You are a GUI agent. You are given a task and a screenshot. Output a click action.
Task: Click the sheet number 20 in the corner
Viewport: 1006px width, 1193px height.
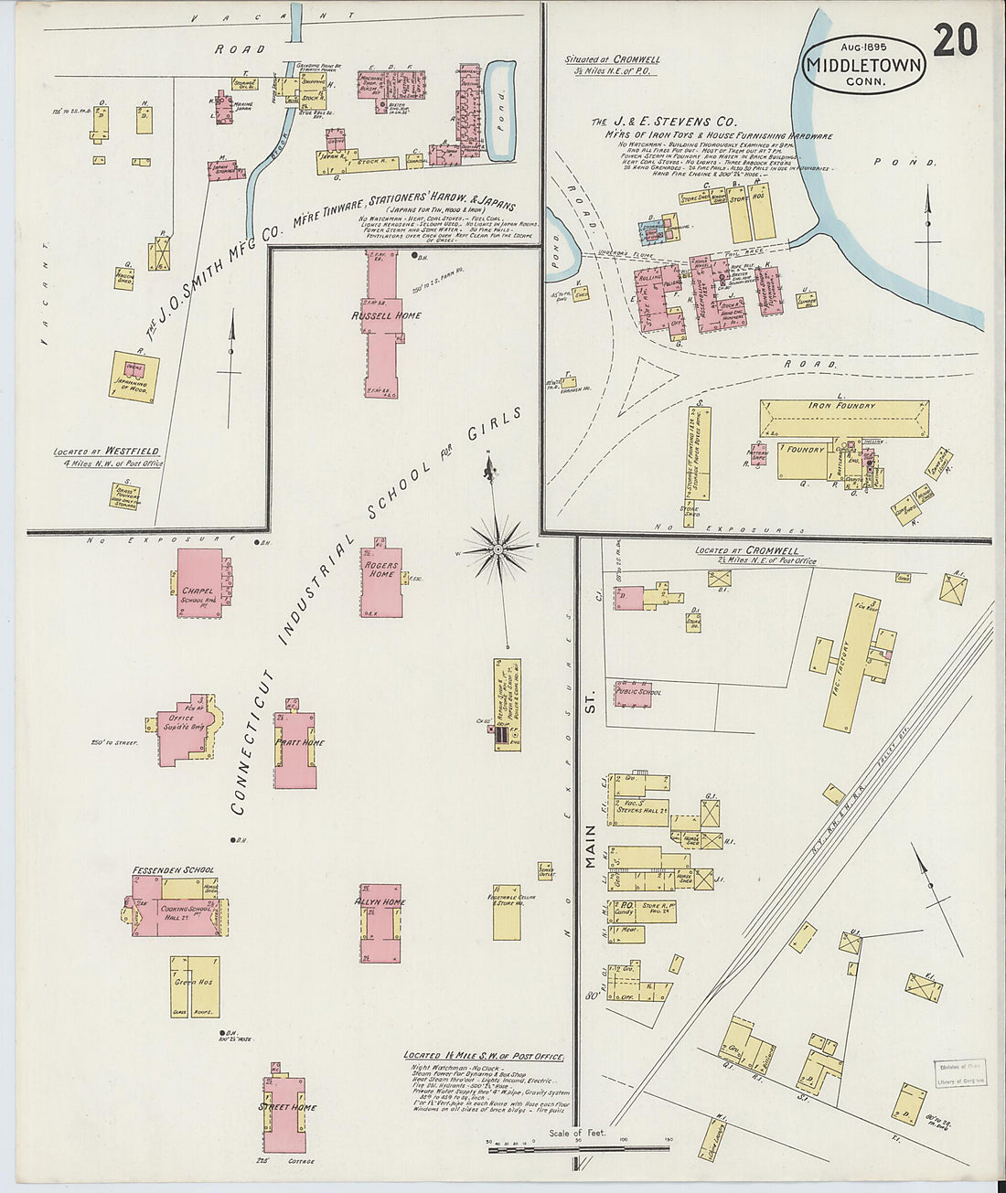click(956, 40)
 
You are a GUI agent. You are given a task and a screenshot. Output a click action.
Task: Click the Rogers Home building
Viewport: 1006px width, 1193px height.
click(381, 583)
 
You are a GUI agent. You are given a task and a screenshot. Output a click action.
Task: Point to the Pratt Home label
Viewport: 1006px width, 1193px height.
click(300, 742)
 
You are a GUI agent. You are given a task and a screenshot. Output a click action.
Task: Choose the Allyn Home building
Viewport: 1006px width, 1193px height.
click(380, 923)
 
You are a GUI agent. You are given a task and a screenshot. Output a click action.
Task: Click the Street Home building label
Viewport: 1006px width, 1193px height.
click(286, 1107)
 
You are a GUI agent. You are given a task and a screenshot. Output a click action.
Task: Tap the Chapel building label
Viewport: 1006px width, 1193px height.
click(197, 591)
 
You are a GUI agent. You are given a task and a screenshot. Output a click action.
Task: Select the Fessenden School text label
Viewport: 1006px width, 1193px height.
click(173, 869)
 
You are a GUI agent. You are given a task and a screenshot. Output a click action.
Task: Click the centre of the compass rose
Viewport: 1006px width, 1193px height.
click(497, 549)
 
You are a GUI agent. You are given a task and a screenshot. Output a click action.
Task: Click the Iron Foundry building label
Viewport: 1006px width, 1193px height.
click(841, 406)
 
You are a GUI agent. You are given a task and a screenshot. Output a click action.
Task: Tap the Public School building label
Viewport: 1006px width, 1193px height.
click(638, 692)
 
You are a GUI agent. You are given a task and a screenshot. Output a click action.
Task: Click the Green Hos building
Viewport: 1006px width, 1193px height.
click(194, 985)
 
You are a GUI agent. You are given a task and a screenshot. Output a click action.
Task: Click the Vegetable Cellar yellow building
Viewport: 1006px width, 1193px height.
click(507, 911)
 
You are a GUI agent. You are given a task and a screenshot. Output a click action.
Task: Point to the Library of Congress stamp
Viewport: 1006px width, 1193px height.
click(959, 1076)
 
